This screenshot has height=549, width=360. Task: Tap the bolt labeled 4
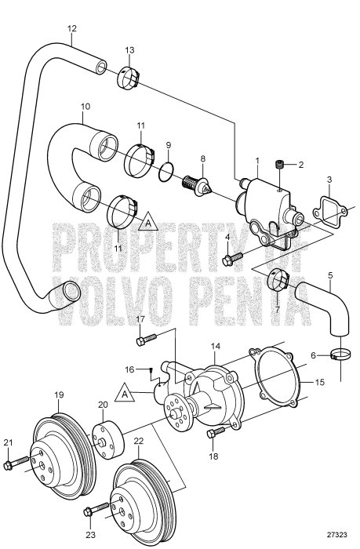pyautogui.click(x=232, y=258)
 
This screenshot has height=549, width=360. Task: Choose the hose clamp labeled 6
pyautogui.click(x=340, y=356)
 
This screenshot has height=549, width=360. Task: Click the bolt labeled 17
pyautogui.click(x=145, y=339)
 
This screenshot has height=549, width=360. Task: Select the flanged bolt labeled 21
pyautogui.click(x=16, y=463)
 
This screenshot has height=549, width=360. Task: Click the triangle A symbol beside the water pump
pyautogui.click(x=125, y=393)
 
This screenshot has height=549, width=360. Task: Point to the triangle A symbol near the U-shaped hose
pyautogui.click(x=148, y=221)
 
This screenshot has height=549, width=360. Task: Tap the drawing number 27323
pyautogui.click(x=337, y=535)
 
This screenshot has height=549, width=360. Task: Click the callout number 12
pyautogui.click(x=72, y=28)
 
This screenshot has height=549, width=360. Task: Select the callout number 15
pyautogui.click(x=320, y=382)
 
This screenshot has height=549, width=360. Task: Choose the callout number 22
pyautogui.click(x=139, y=441)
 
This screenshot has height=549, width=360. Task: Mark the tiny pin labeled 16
pyautogui.click(x=151, y=369)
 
